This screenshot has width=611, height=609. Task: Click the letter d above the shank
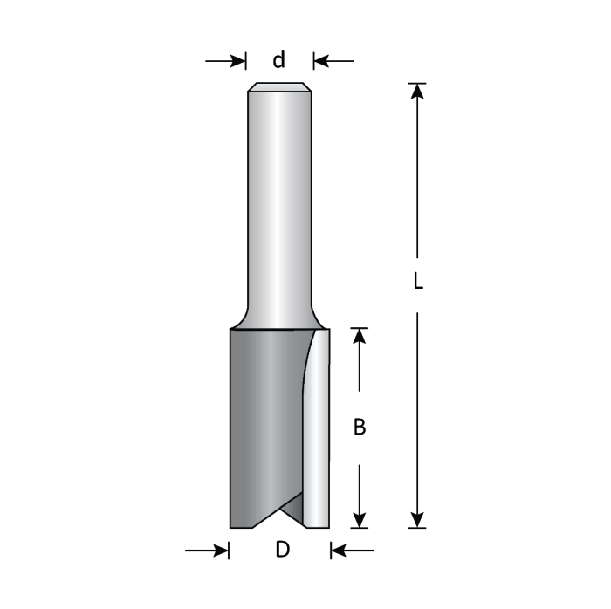[x=279, y=60]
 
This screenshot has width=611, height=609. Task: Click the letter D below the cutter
[x=281, y=551]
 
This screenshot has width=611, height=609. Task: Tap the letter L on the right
[x=418, y=282]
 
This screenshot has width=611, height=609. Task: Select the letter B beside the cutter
[x=359, y=428]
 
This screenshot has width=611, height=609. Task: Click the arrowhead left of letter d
[x=239, y=61]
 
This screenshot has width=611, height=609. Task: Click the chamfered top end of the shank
[x=279, y=87]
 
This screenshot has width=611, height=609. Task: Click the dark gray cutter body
[x=262, y=419]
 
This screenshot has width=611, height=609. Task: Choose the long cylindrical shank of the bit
[x=279, y=201]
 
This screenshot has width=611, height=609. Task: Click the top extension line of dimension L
[x=417, y=83]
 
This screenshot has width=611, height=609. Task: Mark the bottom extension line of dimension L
[x=417, y=529]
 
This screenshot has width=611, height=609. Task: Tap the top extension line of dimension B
[x=359, y=328]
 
